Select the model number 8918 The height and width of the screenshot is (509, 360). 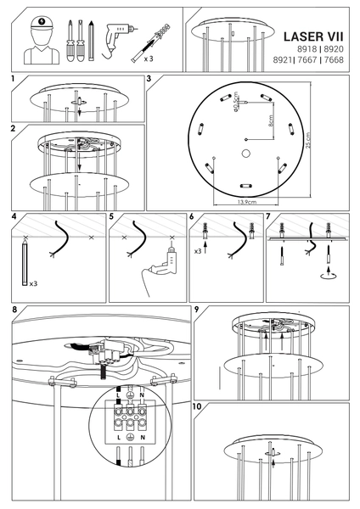307,51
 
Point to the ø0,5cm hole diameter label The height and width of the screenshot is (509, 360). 233,101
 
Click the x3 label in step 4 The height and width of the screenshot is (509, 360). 32,284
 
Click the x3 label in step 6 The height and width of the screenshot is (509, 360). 197,253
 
